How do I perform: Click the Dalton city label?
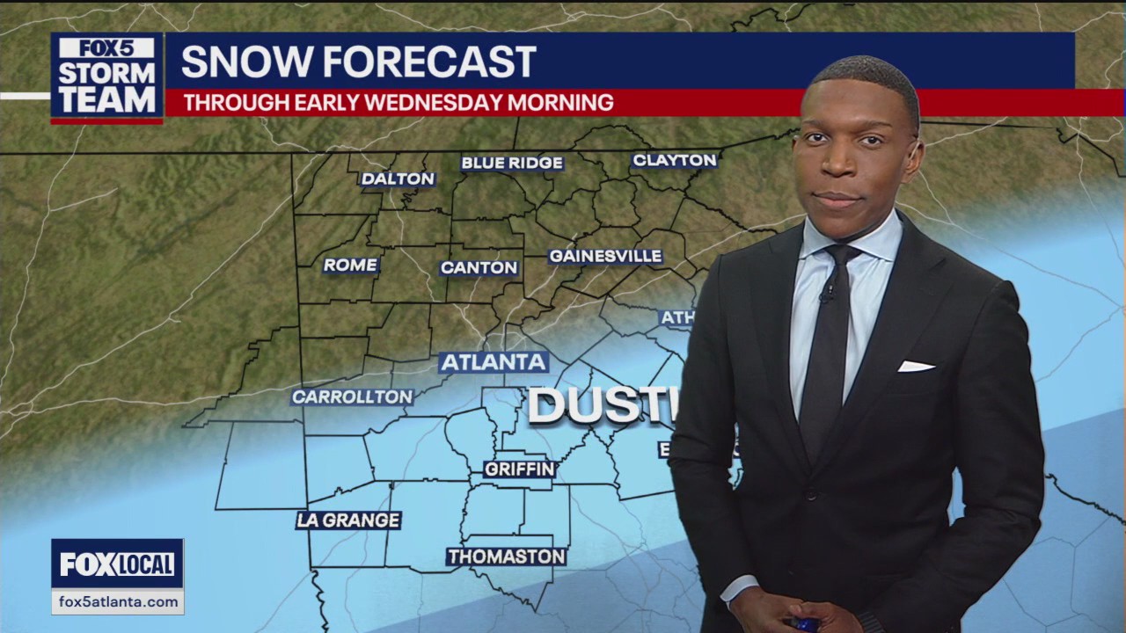pyautogui.click(x=398, y=178)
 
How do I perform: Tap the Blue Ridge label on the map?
pyautogui.click(x=512, y=163)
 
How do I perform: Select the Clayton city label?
pyautogui.click(x=675, y=160)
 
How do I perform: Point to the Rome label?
pyautogui.click(x=350, y=265)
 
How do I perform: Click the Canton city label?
pyautogui.click(x=479, y=267)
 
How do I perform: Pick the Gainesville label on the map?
pyautogui.click(x=605, y=256)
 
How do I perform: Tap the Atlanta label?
pyautogui.click(x=493, y=362)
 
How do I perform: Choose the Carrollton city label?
pyautogui.click(x=352, y=397)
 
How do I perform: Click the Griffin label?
pyautogui.click(x=520, y=469)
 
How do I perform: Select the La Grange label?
pyautogui.click(x=348, y=520)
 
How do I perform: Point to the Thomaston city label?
pyautogui.click(x=506, y=557)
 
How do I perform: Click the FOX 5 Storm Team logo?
pyautogui.click(x=106, y=76)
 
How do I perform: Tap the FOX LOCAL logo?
pyautogui.click(x=117, y=564)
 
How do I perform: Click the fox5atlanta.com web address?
pyautogui.click(x=117, y=602)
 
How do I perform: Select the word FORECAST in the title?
pyautogui.click(x=429, y=62)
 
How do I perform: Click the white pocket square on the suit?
pyautogui.click(x=915, y=366)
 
